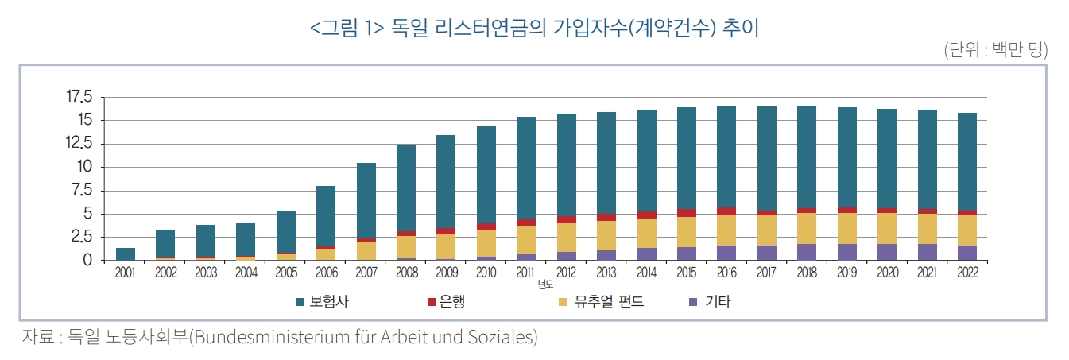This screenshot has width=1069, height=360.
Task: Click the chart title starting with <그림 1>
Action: point(534,29)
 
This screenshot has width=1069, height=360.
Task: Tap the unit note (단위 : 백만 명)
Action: point(995,51)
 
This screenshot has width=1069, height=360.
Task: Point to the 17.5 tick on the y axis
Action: point(79,97)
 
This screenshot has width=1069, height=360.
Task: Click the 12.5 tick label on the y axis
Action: point(79,144)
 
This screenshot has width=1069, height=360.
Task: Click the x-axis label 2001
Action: point(125,272)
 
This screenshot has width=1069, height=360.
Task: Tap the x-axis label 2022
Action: point(967,272)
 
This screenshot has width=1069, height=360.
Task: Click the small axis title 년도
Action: point(544,284)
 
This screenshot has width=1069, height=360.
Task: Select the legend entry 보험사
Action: point(329,302)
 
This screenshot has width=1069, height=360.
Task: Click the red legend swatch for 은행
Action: point(432,302)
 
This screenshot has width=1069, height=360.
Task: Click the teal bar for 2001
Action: point(125,254)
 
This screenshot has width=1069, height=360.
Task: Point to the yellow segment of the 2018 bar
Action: point(807,228)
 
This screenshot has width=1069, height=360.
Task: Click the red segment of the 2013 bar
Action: point(606,217)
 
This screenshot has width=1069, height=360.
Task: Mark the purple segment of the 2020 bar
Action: point(887,252)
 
